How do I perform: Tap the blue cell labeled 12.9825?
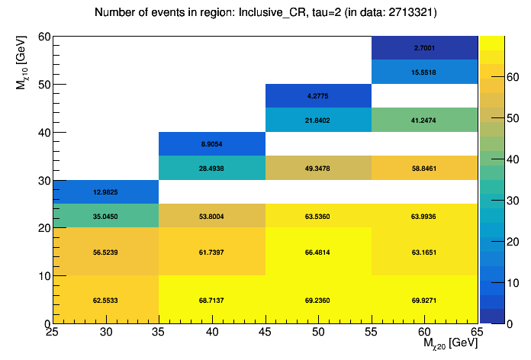click(x=105, y=192)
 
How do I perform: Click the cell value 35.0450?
click(x=105, y=217)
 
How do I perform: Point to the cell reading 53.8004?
click(x=211, y=217)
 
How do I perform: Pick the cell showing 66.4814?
click(x=317, y=251)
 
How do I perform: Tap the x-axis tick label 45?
click(x=265, y=332)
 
